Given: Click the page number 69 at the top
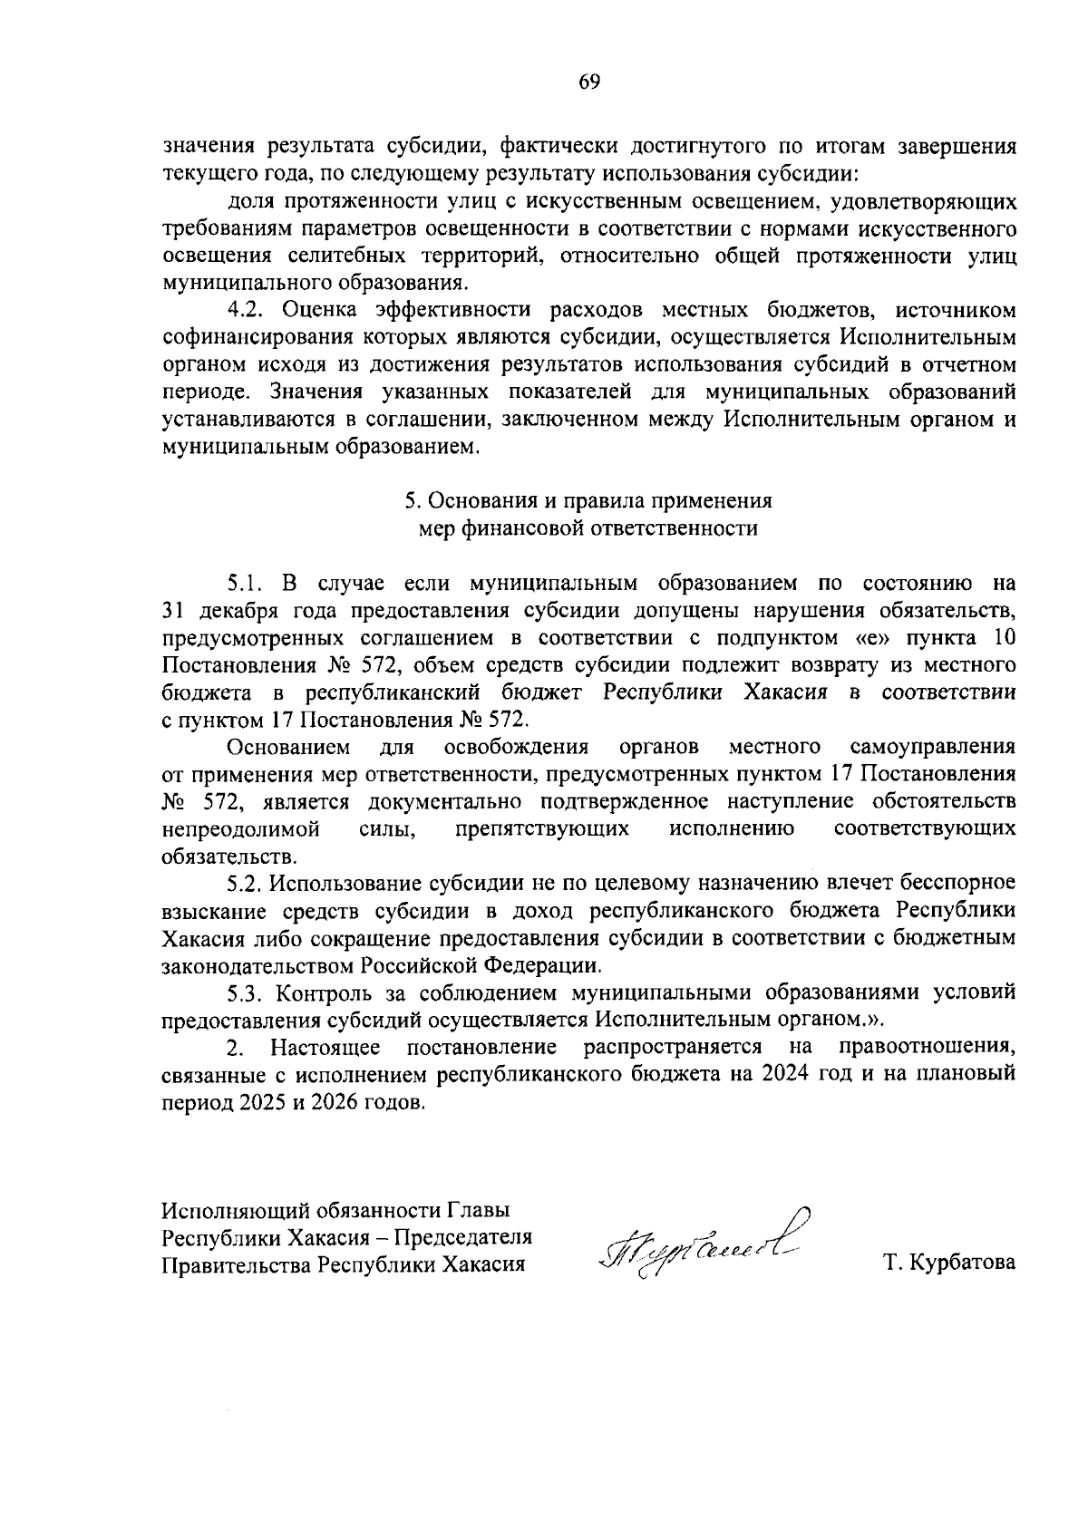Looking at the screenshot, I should (588, 82).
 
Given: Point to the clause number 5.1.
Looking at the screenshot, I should (245, 582).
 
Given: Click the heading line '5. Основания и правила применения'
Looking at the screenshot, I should (588, 500).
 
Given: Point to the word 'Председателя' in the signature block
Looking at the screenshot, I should (471, 1237).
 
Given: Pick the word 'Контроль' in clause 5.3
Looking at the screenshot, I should (317, 992).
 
